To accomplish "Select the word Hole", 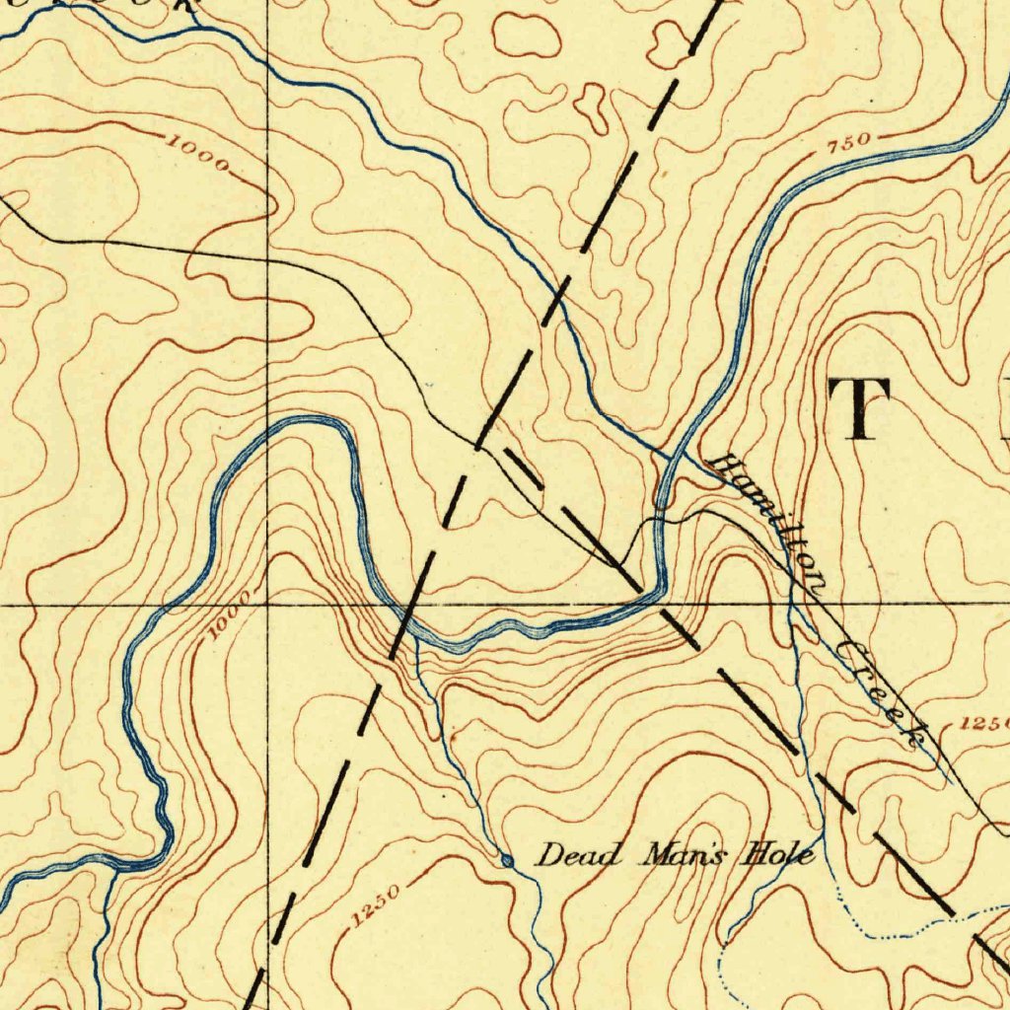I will [x=781, y=853].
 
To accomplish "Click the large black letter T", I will [x=860, y=408].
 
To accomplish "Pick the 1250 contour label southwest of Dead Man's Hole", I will [x=375, y=906].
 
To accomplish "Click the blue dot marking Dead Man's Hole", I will [x=507, y=861].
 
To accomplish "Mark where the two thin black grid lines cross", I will [x=268, y=605].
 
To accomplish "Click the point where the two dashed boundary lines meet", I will [x=478, y=446].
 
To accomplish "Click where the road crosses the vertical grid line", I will [x=268, y=259].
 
